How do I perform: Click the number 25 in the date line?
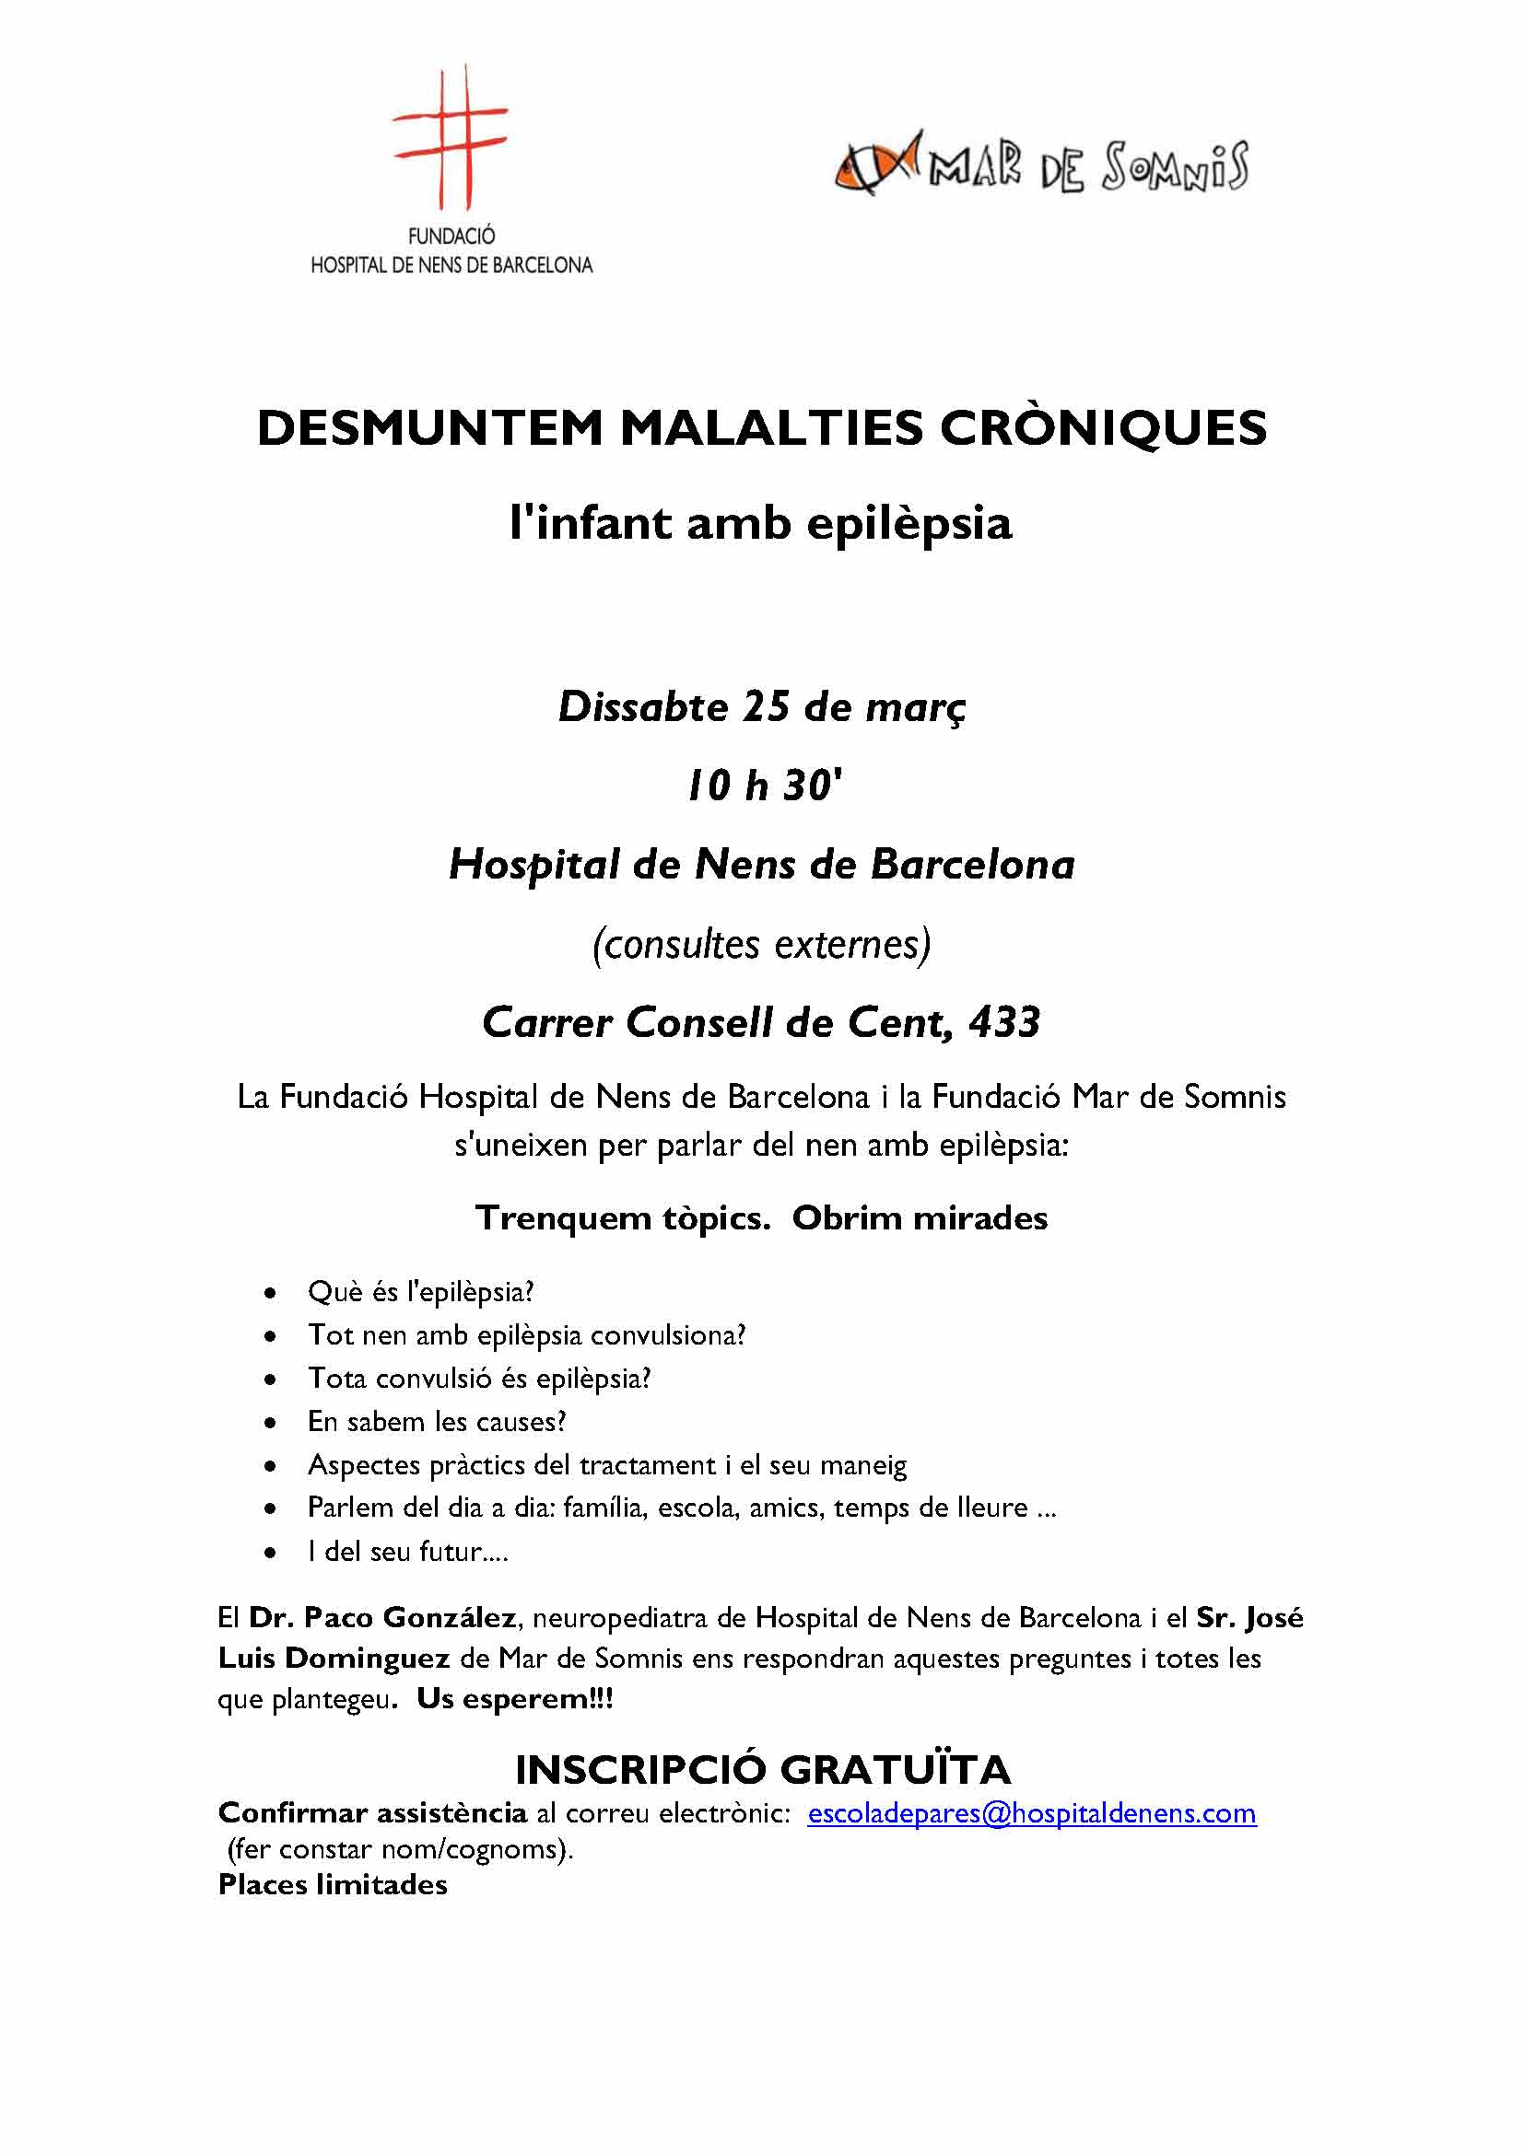coord(767,706)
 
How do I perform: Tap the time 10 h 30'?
coord(762,785)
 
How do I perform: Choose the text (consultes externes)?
coord(761,944)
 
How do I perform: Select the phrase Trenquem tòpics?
coord(622,1217)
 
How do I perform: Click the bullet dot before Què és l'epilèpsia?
coord(270,1294)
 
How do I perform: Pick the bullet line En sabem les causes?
coord(438,1421)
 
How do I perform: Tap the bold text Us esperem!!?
coord(514,1699)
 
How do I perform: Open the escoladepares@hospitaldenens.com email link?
coord(1031,1813)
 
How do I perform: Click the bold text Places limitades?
coord(333,1885)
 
